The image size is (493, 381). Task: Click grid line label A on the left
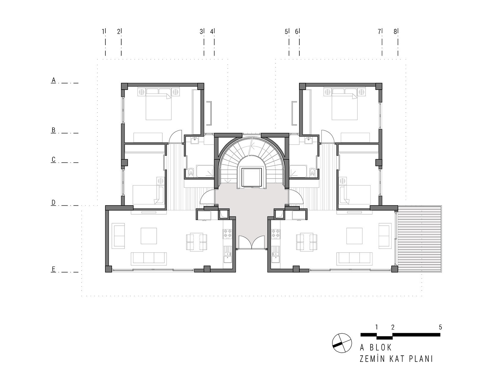[54, 80]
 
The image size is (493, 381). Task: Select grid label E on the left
[54, 269]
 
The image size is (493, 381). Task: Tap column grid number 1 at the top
[103, 32]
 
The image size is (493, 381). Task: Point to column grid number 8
[395, 32]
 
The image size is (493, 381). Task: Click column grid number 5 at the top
[286, 32]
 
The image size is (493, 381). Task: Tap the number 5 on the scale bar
[440, 327]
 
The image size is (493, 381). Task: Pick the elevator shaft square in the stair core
[251, 177]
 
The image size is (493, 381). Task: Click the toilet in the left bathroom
[191, 172]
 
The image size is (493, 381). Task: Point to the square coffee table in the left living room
[149, 236]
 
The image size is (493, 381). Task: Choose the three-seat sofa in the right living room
[354, 259]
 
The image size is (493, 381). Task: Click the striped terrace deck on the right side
[420, 239]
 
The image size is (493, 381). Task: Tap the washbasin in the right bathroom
[309, 140]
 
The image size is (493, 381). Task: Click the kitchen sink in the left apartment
[228, 254]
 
